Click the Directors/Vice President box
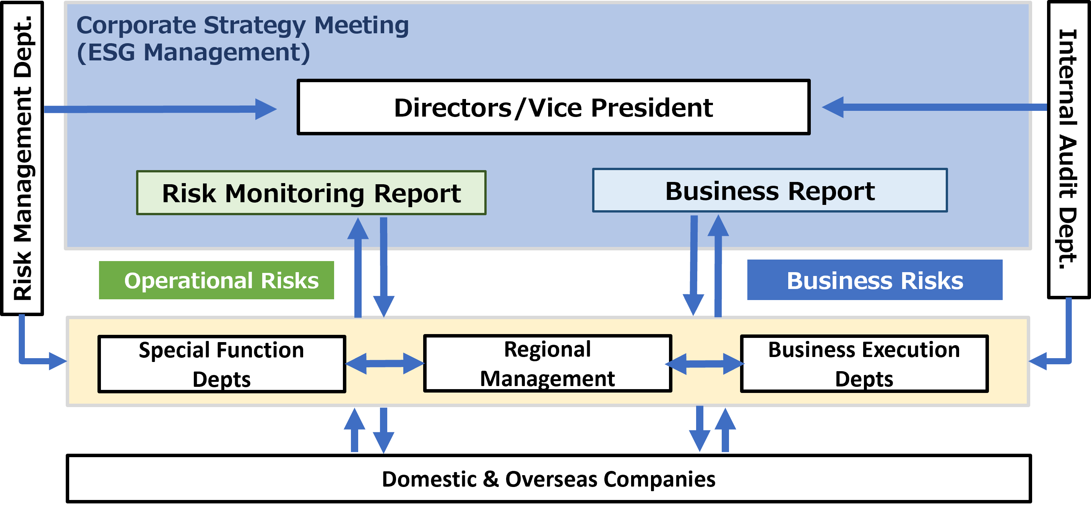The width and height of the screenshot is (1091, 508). point(553,107)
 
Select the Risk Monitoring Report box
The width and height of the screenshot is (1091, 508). point(311,193)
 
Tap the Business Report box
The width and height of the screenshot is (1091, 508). point(770,190)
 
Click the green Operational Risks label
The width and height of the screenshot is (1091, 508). point(216,280)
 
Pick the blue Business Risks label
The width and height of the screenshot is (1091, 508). point(875,280)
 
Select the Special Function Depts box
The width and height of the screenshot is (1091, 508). point(221,364)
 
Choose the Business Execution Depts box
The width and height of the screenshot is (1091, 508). point(864,364)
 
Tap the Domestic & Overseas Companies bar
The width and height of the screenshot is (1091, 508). point(549,479)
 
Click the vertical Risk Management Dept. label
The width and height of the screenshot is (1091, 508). point(22,158)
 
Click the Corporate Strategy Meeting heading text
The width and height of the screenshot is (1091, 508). point(242,25)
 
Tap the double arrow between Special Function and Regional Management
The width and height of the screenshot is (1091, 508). point(385,363)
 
